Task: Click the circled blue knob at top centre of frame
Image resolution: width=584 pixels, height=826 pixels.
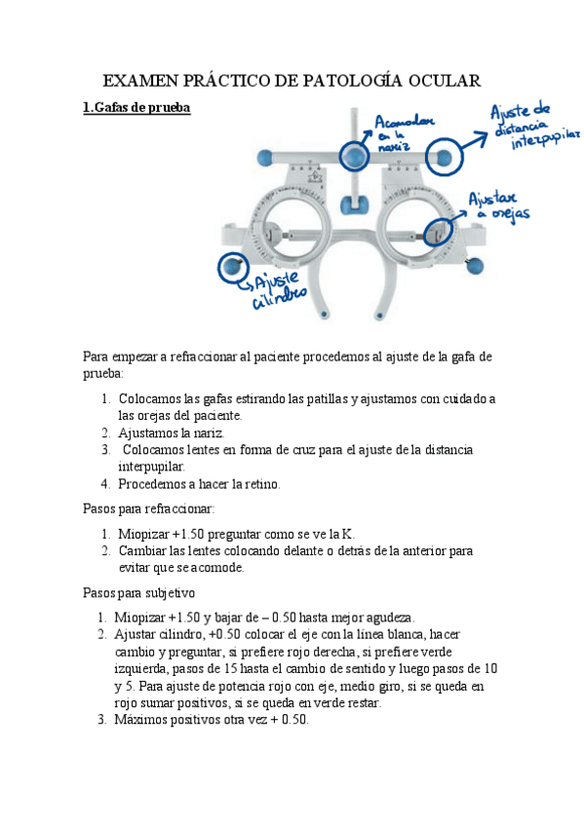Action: (353, 155)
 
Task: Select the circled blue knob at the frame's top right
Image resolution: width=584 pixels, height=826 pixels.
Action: (443, 156)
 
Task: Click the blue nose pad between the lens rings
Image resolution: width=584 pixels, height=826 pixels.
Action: (353, 203)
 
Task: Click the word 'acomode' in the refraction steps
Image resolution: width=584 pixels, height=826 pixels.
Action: (216, 567)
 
